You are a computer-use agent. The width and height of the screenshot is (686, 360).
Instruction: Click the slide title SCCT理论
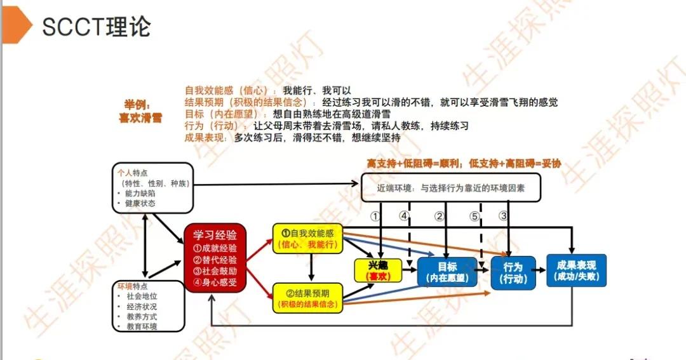(97, 27)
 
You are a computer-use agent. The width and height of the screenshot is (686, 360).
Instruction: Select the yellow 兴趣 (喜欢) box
(379, 270)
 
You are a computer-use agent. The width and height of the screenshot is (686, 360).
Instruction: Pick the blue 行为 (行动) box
(513, 272)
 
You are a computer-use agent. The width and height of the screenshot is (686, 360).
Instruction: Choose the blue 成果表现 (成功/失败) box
(576, 270)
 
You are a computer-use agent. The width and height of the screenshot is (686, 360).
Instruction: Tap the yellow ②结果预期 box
(307, 299)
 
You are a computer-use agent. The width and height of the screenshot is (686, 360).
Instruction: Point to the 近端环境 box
(451, 188)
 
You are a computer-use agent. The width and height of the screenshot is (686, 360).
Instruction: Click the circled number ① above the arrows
(376, 216)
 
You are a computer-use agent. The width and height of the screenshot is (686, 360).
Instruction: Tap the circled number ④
(404, 216)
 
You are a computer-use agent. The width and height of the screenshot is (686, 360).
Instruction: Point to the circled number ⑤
(473, 216)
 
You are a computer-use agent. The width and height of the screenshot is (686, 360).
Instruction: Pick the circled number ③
(504, 216)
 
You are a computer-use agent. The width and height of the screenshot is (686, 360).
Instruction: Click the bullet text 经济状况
(142, 306)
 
